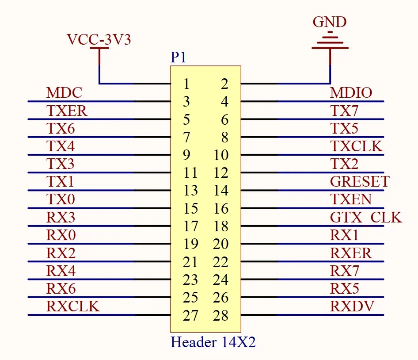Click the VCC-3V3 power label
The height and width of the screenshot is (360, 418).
click(99, 40)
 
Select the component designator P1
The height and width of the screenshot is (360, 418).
click(178, 58)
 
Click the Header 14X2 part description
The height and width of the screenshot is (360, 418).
click(213, 342)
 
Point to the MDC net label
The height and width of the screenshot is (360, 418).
click(64, 93)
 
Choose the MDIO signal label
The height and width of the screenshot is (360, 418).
click(351, 93)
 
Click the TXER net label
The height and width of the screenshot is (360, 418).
click(67, 111)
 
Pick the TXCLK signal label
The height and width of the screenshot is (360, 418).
click(356, 146)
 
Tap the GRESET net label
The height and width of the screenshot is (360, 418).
click(360, 181)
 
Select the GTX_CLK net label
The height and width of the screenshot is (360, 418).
click(365, 217)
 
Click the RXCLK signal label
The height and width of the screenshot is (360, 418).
click(73, 306)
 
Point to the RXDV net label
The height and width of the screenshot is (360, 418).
click(352, 306)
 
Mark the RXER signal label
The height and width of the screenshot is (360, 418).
click(351, 253)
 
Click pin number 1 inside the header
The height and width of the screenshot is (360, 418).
click(186, 84)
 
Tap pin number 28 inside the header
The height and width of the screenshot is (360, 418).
click(221, 315)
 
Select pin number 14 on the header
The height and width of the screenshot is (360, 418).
click(221, 191)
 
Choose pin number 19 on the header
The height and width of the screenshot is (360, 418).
click(190, 244)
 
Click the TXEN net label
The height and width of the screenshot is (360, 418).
click(351, 199)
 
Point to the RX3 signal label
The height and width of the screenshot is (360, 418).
click(61, 217)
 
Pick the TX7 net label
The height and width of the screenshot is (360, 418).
click(344, 111)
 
